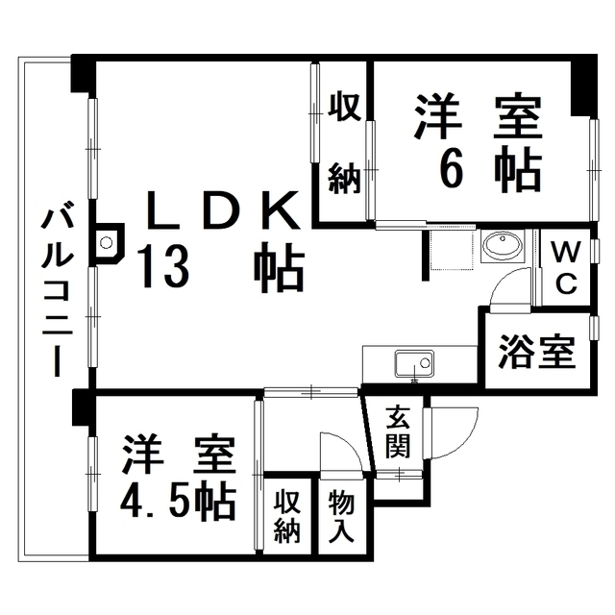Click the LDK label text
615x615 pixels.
point(224,210)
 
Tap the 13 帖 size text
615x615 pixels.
point(223,266)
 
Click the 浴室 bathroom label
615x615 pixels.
point(537,352)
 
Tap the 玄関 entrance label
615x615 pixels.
point(398,432)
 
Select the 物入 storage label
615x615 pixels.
point(342,517)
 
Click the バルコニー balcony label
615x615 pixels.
point(58,288)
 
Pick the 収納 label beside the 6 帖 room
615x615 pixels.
point(344,143)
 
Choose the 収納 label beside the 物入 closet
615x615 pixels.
point(287,517)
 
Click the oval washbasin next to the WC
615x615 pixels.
point(503,246)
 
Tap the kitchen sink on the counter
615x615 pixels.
point(414,363)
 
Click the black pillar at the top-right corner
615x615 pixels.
point(584,86)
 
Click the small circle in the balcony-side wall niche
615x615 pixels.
point(106,243)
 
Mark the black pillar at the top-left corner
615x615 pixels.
point(84,74)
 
